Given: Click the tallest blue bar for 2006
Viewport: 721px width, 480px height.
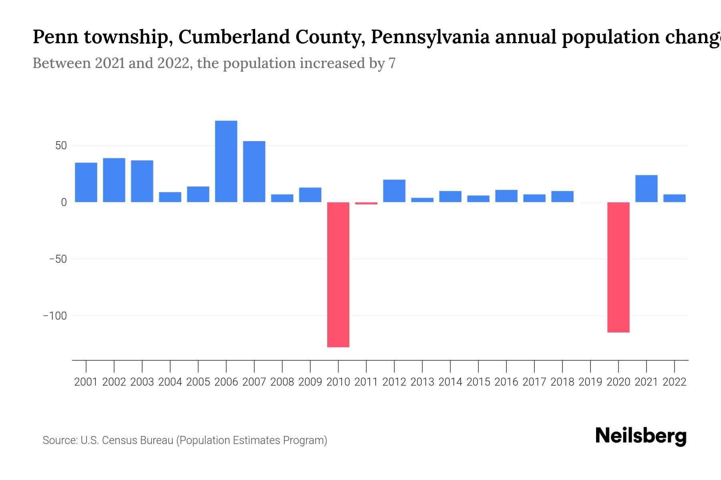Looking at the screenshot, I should (x=226, y=161).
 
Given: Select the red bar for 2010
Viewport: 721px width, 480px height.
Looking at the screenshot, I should (x=338, y=274).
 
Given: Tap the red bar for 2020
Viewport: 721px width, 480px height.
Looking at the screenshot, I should (x=618, y=267).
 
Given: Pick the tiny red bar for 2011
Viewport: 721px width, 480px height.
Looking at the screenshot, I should (x=366, y=203).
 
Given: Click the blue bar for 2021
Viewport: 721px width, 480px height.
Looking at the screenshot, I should (x=646, y=188).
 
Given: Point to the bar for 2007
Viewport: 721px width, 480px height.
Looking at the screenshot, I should (x=254, y=172).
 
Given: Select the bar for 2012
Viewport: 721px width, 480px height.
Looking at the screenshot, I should (x=394, y=191).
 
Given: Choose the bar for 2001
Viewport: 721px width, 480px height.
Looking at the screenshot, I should (x=86, y=182).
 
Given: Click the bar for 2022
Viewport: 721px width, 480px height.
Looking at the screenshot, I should (x=674, y=198).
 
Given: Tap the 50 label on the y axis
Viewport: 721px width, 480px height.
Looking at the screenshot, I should (x=61, y=146).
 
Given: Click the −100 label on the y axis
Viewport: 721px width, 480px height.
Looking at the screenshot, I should (x=55, y=316).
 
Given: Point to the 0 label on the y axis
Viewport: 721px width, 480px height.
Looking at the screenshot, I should (x=64, y=202).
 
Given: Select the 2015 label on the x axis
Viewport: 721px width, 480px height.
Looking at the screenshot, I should (x=478, y=382).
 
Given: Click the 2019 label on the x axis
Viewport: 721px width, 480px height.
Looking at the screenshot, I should (x=590, y=382).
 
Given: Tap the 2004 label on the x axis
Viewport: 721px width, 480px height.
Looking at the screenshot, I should (x=170, y=382).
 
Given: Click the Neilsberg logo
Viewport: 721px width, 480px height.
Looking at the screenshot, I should (x=640, y=436).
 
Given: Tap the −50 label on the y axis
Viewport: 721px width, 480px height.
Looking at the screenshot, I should (x=58, y=259).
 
